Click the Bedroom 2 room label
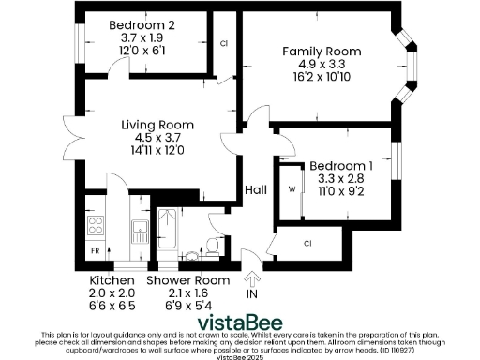pos(142,24)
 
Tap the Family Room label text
pos(320,52)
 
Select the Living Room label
pos(157,124)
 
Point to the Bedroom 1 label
pos(341,166)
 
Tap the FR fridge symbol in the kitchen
pos(95,252)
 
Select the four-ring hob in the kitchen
pos(95,225)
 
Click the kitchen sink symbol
pos(138,228)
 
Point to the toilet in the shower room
pos(212,246)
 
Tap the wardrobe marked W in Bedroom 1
pos(292,189)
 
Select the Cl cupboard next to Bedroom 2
pos(223,44)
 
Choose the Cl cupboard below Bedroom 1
pos(308,244)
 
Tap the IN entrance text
pos(251,293)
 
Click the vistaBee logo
pos(240,316)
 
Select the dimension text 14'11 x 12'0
pos(157,150)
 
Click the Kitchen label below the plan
pos(112,280)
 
